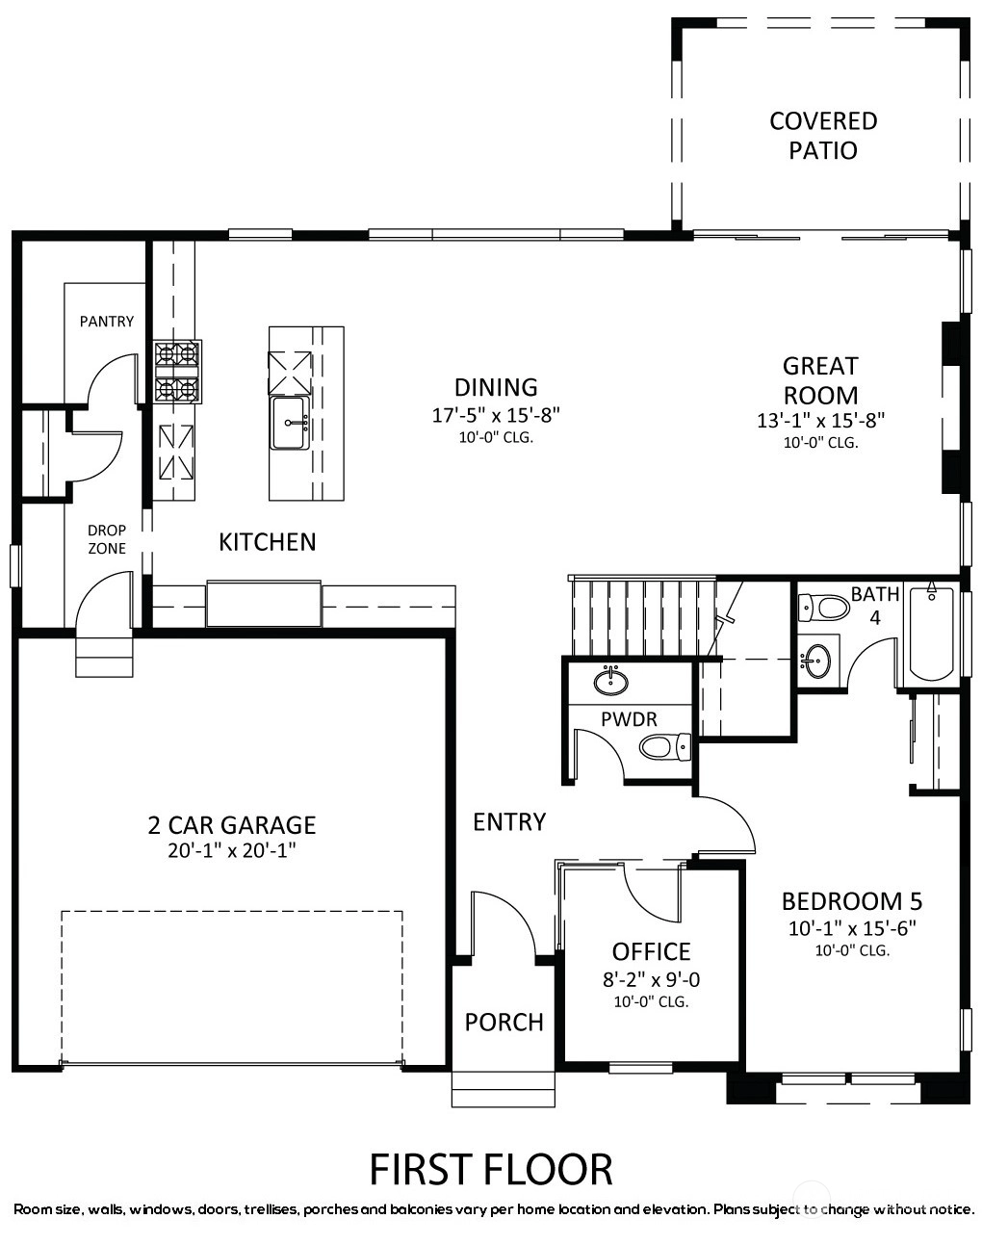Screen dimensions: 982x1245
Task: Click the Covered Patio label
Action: pos(823,136)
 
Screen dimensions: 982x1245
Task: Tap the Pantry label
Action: pos(107,321)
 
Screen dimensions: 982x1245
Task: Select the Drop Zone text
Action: pos(107,538)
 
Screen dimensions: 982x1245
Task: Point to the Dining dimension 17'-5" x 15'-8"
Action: pos(496,415)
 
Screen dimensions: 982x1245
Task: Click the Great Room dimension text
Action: pos(820,420)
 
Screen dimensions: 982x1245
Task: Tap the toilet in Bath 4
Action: pos(823,608)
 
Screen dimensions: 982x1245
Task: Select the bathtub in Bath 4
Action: pos(931,635)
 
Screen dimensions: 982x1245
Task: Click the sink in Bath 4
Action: pos(815,661)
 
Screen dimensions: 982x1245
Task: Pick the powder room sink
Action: pos(611,681)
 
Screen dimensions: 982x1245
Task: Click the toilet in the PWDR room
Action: pos(665,747)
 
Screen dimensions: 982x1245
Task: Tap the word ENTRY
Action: pos(509,821)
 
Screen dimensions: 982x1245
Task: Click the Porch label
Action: pos(504,1023)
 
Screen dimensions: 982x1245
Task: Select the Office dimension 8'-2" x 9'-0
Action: pos(651,979)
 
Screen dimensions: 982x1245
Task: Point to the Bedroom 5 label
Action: pos(852,901)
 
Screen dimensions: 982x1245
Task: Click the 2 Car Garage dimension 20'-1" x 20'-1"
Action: pos(231,850)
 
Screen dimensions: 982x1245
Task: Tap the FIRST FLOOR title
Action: pos(491,1170)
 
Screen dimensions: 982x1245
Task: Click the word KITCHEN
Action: pos(268,542)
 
